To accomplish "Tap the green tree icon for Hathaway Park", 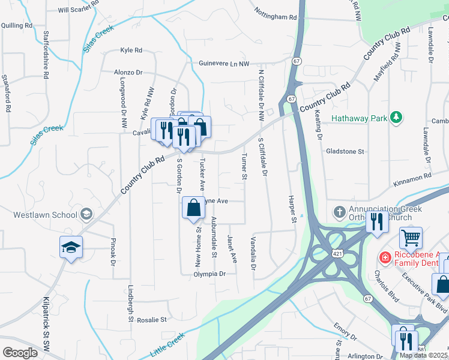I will point(396,117).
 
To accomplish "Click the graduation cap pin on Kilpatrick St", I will point(71,248).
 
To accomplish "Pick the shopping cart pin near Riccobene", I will point(411,238).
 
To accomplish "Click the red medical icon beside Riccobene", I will point(385,257).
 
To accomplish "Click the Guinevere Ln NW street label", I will point(224,63).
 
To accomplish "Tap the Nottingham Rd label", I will point(276,14).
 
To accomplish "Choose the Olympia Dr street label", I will point(209,274).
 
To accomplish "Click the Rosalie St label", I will point(151,320).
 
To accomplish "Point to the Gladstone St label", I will point(345,152).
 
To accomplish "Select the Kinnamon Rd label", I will point(411,176).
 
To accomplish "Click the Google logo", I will point(20,353).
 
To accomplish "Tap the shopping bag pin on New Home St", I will point(193,209).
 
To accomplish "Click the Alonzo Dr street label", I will point(128,72).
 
